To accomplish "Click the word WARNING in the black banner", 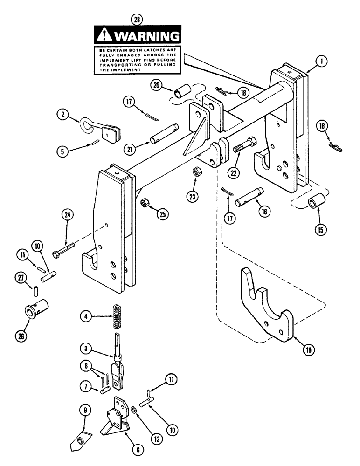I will click(x=146, y=36).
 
